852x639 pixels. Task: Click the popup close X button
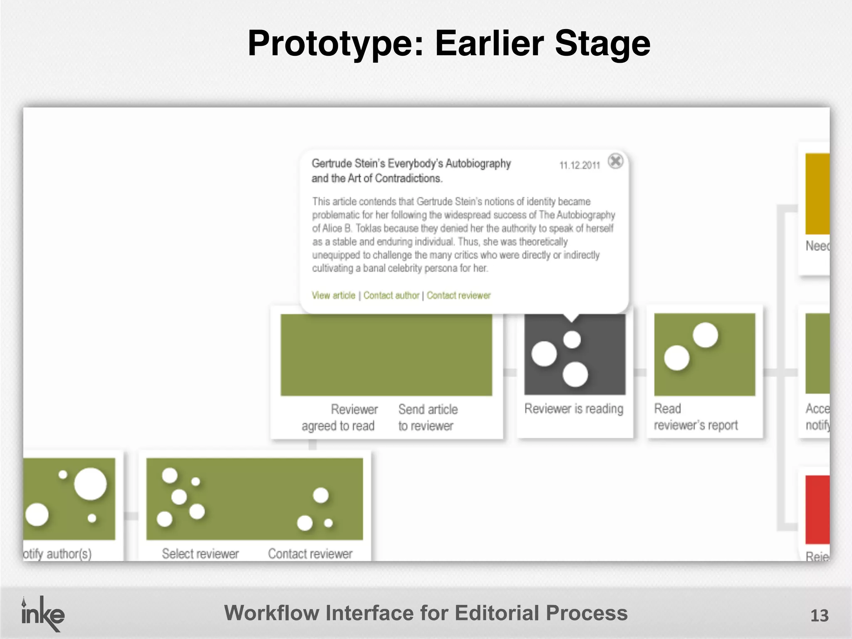615,161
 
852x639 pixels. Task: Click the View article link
333,295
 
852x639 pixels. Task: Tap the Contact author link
391,295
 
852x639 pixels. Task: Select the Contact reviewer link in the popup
458,295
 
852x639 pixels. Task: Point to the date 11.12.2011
580,166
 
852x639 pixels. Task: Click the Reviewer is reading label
574,409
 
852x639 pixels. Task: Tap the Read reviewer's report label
696,417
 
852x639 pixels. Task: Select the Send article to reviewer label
428,417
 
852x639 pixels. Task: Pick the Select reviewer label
200,554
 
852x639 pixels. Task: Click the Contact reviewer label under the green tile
310,554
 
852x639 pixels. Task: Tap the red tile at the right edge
817,510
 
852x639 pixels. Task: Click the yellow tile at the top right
817,193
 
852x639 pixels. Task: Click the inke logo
42,614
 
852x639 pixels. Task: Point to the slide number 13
819,616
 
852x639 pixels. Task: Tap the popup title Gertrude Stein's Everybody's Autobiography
411,163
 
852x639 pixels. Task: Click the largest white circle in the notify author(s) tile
90,484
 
